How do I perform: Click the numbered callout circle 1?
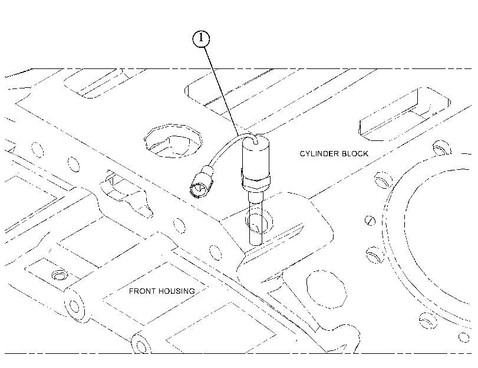click(x=201, y=39)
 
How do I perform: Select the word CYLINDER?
click(x=319, y=153)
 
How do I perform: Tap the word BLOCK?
click(x=355, y=153)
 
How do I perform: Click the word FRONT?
click(x=139, y=291)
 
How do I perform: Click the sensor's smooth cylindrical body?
click(x=255, y=157)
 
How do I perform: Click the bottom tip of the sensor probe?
click(x=255, y=244)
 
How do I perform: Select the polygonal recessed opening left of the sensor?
click(x=173, y=141)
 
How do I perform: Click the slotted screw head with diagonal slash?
click(x=370, y=221)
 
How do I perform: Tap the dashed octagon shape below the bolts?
click(x=327, y=289)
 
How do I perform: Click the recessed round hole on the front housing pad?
click(x=60, y=275)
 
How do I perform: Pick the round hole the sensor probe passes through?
click(x=259, y=221)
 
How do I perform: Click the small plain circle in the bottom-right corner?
click(x=464, y=337)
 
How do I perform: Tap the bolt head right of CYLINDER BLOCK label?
click(x=442, y=147)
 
